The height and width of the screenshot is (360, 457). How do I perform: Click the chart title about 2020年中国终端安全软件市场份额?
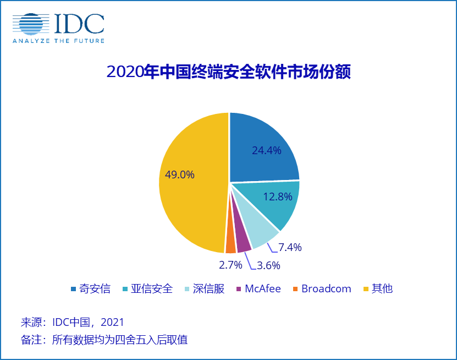pyautogui.click(x=228, y=72)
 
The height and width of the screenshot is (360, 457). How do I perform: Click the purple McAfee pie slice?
pyautogui.click(x=241, y=243)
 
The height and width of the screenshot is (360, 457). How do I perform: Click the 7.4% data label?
pyautogui.click(x=290, y=248)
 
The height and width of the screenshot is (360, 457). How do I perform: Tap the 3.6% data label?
pyautogui.click(x=268, y=265)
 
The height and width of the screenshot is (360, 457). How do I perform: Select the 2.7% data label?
pyautogui.click(x=230, y=265)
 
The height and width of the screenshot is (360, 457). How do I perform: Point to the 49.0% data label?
pyautogui.click(x=180, y=175)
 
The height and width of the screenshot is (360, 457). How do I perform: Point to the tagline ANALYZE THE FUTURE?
pyautogui.click(x=58, y=41)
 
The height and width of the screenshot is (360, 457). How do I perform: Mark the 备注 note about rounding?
pyautogui.click(x=104, y=339)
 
